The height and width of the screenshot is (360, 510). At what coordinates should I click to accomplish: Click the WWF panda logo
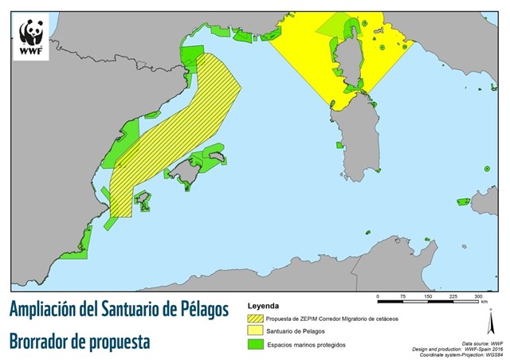[32, 33]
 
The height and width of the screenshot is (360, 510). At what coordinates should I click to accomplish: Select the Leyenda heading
[265, 306]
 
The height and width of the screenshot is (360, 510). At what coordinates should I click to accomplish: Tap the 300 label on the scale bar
[480, 296]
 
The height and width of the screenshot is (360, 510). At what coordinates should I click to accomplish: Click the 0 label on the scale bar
[377, 296]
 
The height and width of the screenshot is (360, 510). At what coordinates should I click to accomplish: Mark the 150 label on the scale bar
[429, 296]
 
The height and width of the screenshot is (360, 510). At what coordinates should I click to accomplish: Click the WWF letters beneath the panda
[32, 52]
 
